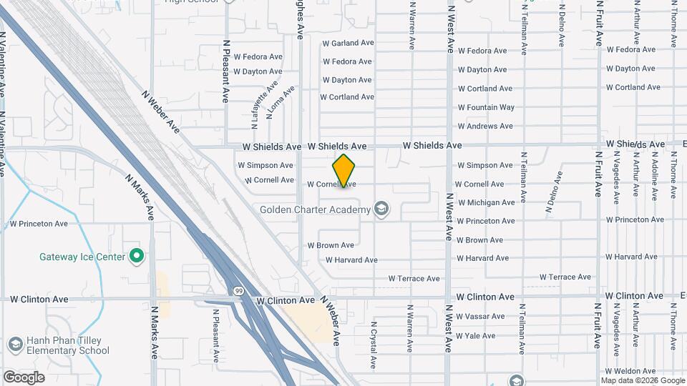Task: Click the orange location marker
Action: click(x=344, y=171)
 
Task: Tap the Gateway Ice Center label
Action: click(x=82, y=257)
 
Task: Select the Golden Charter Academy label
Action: click(x=315, y=209)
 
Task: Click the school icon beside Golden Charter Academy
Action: click(x=382, y=209)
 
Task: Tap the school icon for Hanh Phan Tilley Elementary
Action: click(x=14, y=345)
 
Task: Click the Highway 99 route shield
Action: click(x=238, y=290)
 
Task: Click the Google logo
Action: click(x=24, y=377)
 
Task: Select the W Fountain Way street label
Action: click(x=486, y=107)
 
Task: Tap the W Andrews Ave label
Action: click(x=485, y=126)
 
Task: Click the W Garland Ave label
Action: click(x=348, y=43)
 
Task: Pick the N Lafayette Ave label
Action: click(x=261, y=104)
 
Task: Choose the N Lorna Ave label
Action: click(x=280, y=102)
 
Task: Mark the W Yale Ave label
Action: click(x=475, y=335)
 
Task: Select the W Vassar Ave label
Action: click(x=480, y=316)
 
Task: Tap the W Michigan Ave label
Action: click(x=486, y=202)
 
